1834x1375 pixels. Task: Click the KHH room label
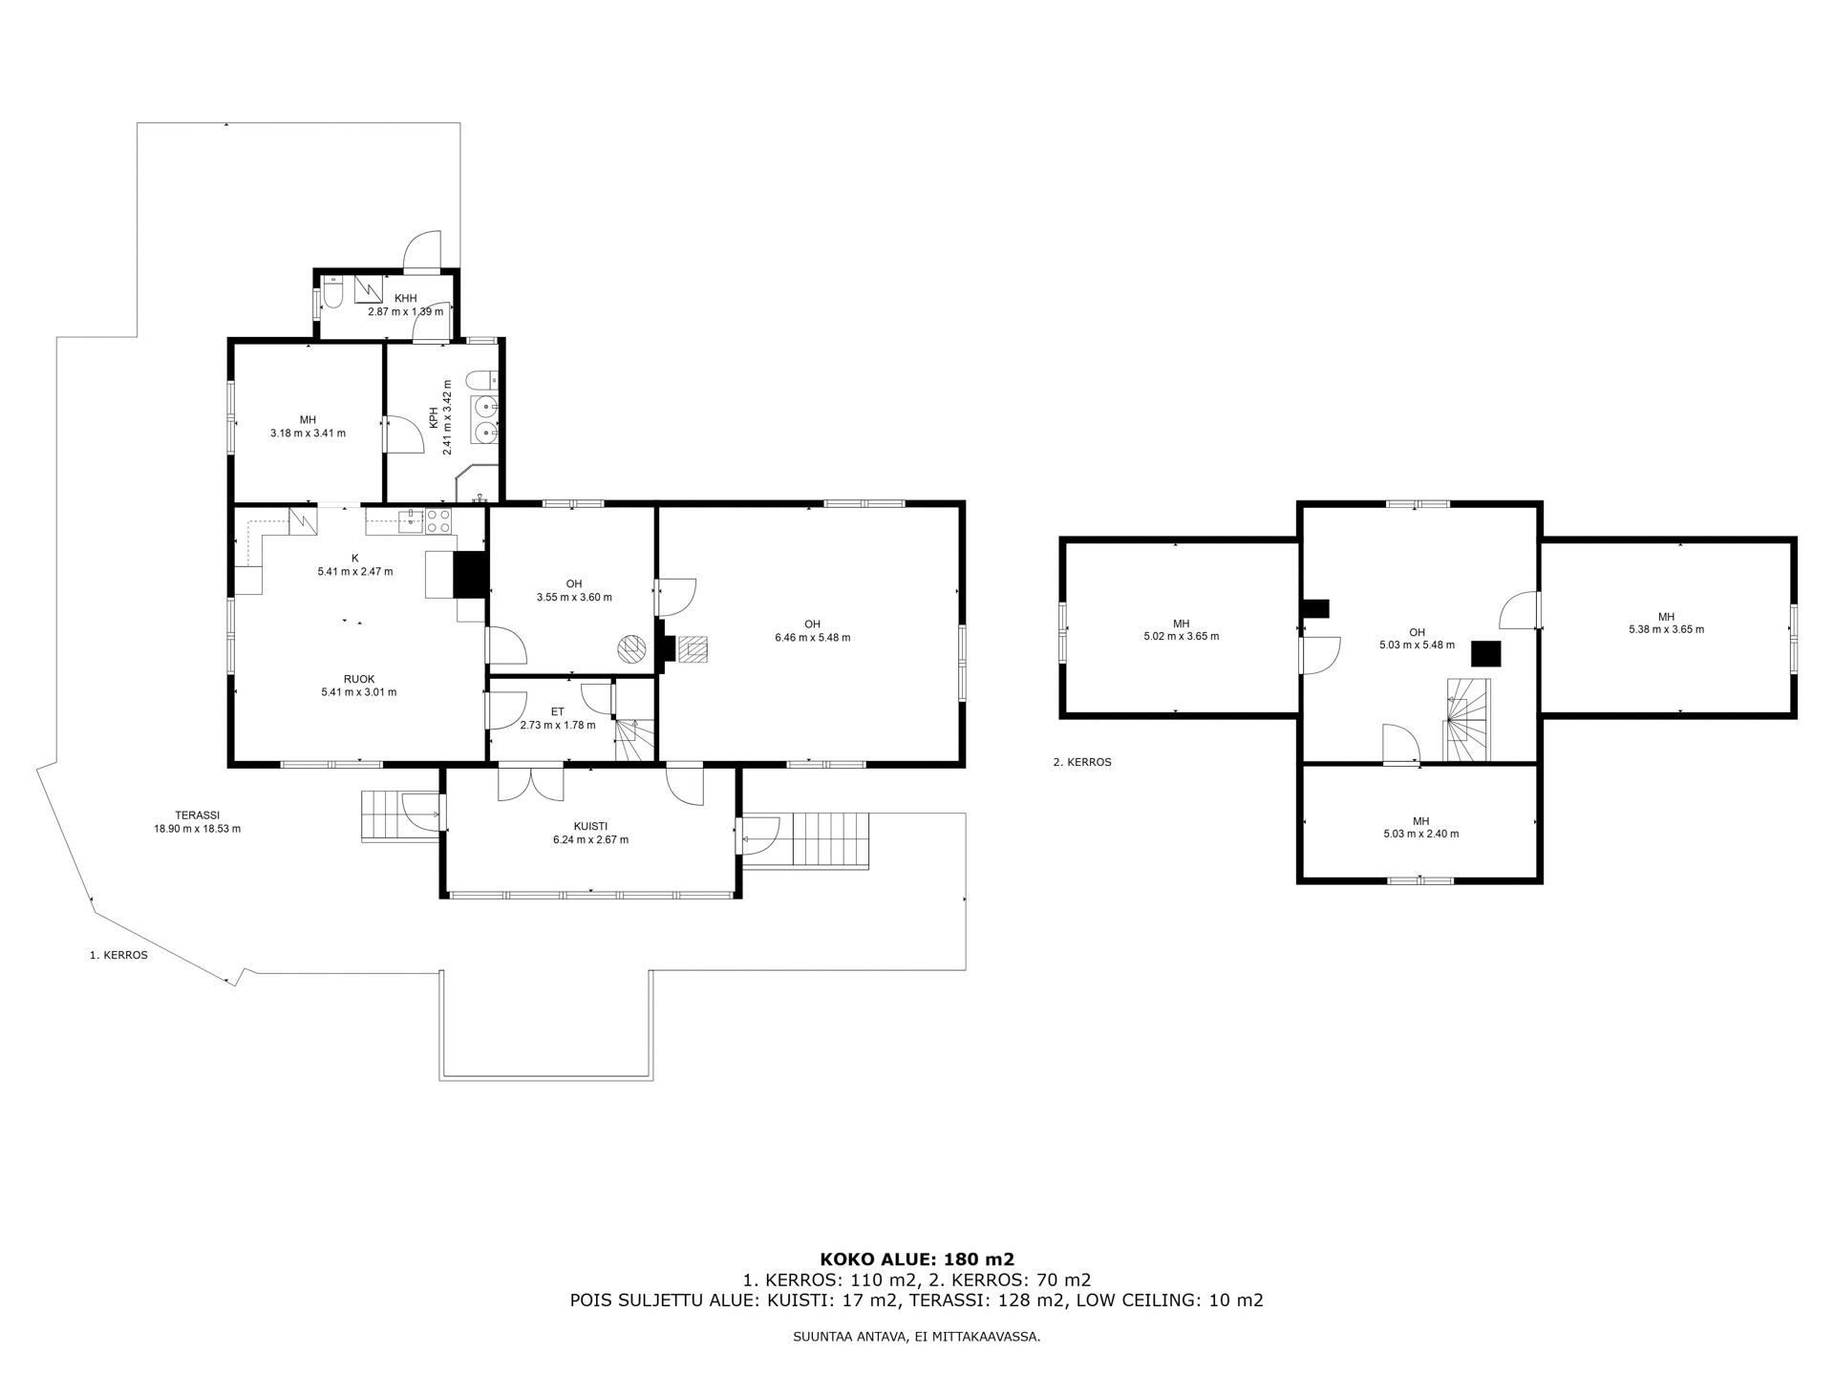point(406,299)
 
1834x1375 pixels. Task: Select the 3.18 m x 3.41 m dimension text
point(308,433)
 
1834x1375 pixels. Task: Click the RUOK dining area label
point(358,679)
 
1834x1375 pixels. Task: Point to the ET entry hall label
point(558,711)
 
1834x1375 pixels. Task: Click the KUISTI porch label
point(590,827)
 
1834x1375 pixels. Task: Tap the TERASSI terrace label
point(198,815)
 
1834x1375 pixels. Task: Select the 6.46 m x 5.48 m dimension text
point(812,638)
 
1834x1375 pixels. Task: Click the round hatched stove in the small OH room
point(631,649)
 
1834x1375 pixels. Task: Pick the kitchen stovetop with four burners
point(438,520)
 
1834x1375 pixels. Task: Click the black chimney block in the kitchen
point(470,575)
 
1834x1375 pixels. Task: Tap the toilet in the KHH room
point(331,292)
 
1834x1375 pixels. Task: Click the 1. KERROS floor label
point(118,954)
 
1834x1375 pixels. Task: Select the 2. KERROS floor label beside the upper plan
point(1082,762)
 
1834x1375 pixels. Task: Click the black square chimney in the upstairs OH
point(1485,654)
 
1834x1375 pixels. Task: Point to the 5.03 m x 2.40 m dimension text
point(1420,834)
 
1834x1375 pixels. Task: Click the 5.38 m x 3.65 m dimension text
point(1666,629)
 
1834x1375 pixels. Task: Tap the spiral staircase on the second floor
point(1467,718)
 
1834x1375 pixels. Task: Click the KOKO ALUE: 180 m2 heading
point(917,1259)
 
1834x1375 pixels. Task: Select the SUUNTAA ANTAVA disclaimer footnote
point(917,1337)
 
